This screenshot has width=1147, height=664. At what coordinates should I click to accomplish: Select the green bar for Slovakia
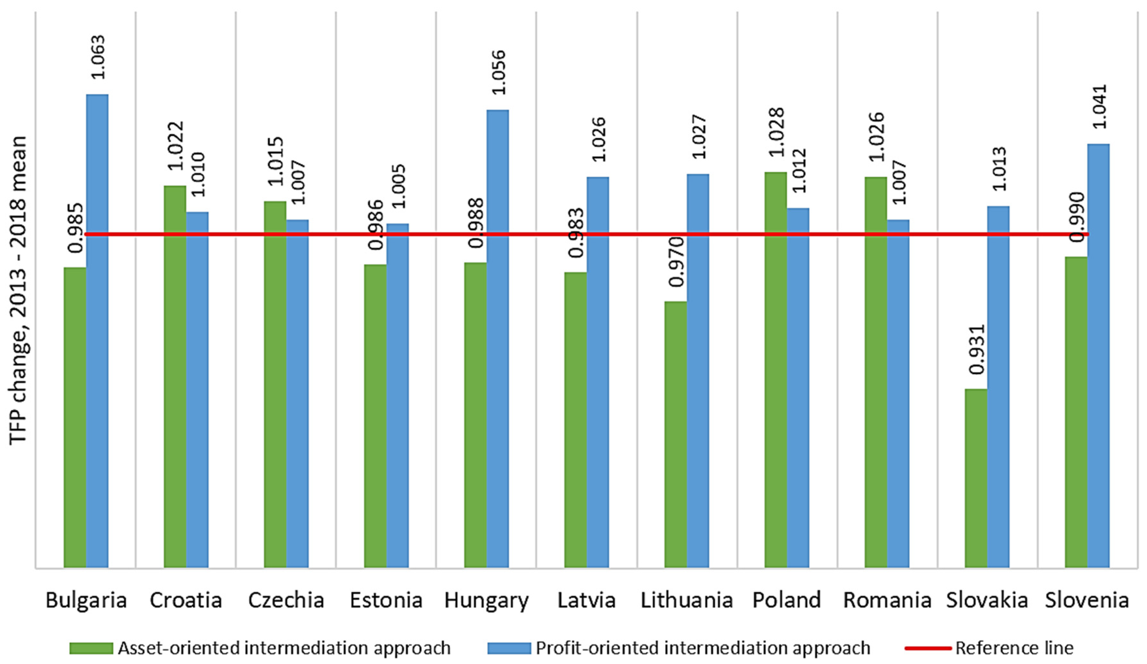tap(976, 478)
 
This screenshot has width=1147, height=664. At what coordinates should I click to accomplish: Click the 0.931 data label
tap(976, 349)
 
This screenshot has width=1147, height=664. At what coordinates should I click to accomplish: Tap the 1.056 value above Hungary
tap(498, 72)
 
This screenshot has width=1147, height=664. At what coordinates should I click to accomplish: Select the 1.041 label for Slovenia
tap(1098, 106)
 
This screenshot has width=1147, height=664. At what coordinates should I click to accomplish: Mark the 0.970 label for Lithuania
tap(676, 262)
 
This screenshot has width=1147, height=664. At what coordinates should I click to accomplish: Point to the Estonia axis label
tap(386, 601)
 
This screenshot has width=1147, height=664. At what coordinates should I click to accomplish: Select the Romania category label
tap(887, 601)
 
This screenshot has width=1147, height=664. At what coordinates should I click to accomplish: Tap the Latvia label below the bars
tap(586, 601)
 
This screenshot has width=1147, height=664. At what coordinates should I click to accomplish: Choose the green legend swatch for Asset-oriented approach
tap(91, 648)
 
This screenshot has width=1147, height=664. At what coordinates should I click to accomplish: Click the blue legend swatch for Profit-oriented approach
tap(509, 648)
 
